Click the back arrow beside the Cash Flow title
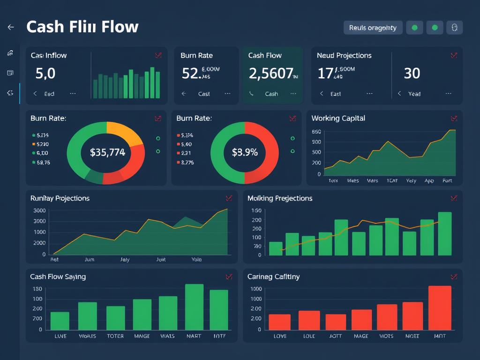click(11, 27)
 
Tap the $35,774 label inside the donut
click(107, 152)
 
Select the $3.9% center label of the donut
click(245, 152)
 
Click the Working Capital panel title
click(338, 118)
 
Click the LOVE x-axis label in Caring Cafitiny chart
click(280, 336)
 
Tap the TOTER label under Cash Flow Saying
click(115, 336)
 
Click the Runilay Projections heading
click(60, 198)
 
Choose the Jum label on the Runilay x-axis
click(89, 259)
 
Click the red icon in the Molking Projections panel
click(453, 198)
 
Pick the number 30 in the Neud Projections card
click(412, 74)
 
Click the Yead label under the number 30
click(414, 94)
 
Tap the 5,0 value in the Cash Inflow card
click(45, 74)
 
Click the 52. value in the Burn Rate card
click(190, 74)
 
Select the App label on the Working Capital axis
click(429, 180)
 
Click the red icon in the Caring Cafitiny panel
click(453, 277)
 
